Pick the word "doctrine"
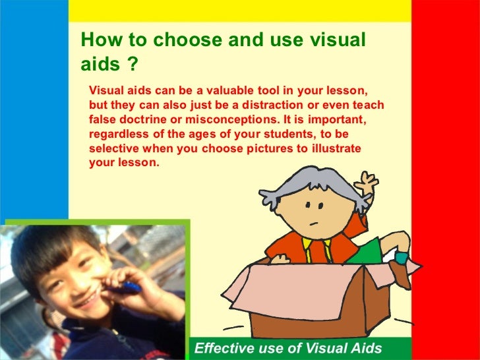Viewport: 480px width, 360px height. click(149, 119)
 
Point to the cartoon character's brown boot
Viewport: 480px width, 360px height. click(398, 270)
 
